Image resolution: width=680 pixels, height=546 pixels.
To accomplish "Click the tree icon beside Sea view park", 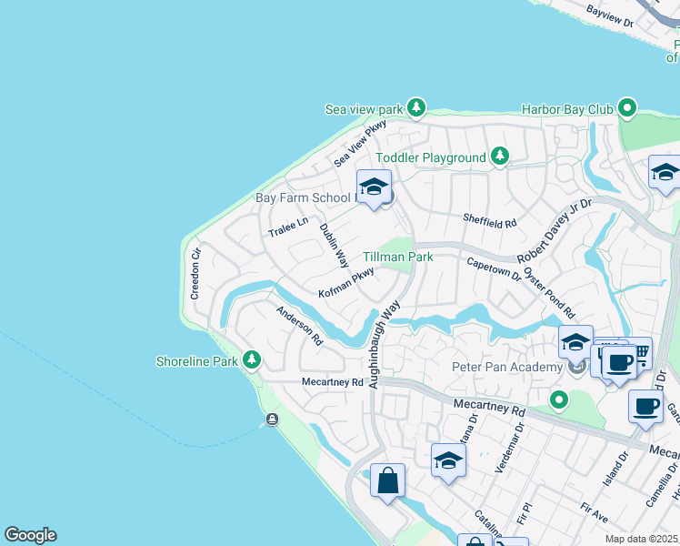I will pyautogui.click(x=416, y=108).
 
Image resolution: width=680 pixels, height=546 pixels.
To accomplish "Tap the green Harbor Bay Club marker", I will pyautogui.click(x=626, y=108).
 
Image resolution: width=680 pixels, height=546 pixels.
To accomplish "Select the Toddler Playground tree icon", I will pyautogui.click(x=499, y=157).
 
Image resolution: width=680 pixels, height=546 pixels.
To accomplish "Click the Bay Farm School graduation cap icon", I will pyautogui.click(x=374, y=187).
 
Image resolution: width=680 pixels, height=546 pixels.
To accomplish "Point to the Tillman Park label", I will pyautogui.click(x=398, y=258).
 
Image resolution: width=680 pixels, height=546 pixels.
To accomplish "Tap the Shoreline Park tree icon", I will pyautogui.click(x=252, y=361).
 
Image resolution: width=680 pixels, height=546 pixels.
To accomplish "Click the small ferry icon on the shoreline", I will pyautogui.click(x=271, y=420).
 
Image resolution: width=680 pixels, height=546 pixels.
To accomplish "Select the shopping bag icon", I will pyautogui.click(x=387, y=480).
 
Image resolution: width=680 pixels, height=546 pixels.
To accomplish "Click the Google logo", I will pyautogui.click(x=30, y=535).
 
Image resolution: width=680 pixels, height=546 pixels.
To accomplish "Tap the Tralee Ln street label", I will pyautogui.click(x=288, y=227).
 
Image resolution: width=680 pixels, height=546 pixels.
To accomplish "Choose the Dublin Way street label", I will pyautogui.click(x=334, y=245).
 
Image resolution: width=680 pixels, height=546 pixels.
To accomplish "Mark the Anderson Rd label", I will pyautogui.click(x=300, y=324).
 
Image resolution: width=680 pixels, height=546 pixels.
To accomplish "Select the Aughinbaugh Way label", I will pyautogui.click(x=381, y=346).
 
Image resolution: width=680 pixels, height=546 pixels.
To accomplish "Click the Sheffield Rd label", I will pyautogui.click(x=489, y=221).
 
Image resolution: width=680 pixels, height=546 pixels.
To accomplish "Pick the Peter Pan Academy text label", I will pyautogui.click(x=507, y=367).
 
